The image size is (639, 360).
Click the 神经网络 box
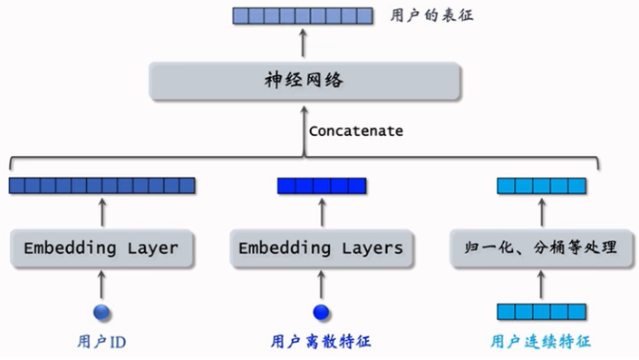tap(303, 82)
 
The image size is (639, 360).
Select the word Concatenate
tap(356, 131)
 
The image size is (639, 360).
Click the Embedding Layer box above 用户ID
tap(101, 248)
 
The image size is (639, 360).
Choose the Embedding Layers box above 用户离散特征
tap(320, 248)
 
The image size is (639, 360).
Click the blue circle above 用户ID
tap(102, 313)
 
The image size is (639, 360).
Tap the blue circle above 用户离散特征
tap(320, 313)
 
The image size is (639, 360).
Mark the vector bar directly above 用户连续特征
tap(541, 313)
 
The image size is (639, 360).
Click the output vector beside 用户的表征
tap(303, 15)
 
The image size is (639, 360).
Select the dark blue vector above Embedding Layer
tap(102, 186)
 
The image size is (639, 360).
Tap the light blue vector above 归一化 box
tap(541, 186)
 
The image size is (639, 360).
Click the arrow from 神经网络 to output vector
tap(303, 44)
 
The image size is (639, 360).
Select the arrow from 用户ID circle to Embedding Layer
tap(102, 285)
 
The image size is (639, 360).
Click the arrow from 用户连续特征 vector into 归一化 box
tap(541, 285)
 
